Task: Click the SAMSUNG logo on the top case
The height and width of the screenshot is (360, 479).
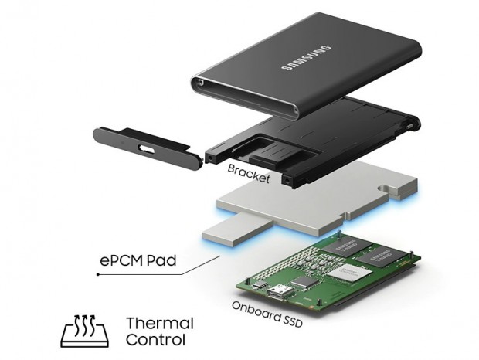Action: [x=306, y=58]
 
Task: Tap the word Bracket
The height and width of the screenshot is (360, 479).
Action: [x=249, y=174]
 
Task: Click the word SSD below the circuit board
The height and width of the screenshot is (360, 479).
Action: [x=293, y=321]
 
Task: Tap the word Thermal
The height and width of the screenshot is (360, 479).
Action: [x=160, y=324]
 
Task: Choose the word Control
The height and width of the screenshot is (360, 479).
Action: [x=156, y=340]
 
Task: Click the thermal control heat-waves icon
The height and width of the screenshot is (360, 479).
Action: [x=85, y=331]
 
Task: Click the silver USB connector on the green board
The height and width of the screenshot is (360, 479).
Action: [x=279, y=291]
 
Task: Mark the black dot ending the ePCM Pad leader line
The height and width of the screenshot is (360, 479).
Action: [x=98, y=274]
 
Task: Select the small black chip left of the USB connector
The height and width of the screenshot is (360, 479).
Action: [x=260, y=285]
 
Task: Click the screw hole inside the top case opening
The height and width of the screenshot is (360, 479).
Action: [x=201, y=82]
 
